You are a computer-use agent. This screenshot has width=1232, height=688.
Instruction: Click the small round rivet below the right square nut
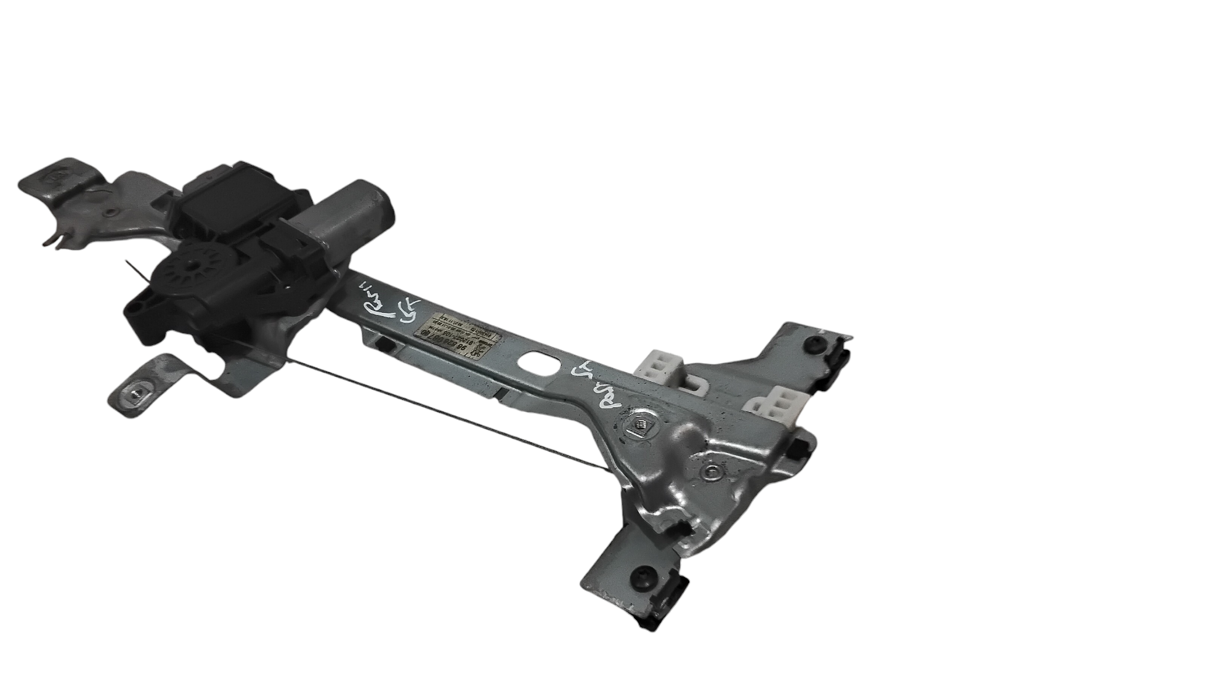pyautogui.click(x=711, y=472)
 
